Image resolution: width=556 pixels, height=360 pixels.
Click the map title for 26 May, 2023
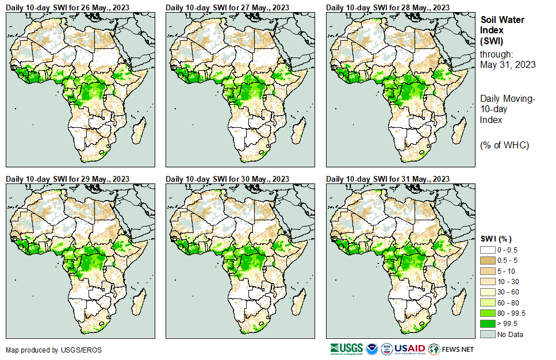coord(67,7)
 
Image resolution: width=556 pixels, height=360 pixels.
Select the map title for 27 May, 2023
coord(228,7)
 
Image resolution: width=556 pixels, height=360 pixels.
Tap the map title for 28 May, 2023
coord(388,7)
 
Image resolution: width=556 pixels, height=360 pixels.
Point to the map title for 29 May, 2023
coord(67,178)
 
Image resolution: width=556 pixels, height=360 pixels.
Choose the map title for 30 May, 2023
coord(228,178)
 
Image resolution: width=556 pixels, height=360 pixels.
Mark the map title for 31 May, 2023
coord(388,178)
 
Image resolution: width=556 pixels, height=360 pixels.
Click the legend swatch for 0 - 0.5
coord(488,250)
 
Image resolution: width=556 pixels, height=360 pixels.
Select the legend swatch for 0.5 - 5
coord(488,261)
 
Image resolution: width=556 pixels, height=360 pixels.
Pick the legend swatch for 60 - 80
coord(488,302)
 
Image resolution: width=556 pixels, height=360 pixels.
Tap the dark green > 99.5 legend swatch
coord(488,324)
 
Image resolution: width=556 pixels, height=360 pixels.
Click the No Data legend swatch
coord(488,334)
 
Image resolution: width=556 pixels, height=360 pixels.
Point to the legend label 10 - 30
coord(508,282)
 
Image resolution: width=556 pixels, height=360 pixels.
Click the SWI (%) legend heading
coord(496,239)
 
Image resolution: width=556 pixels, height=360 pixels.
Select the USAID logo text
coord(409,349)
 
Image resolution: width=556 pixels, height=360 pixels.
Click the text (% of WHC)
coord(504,145)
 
